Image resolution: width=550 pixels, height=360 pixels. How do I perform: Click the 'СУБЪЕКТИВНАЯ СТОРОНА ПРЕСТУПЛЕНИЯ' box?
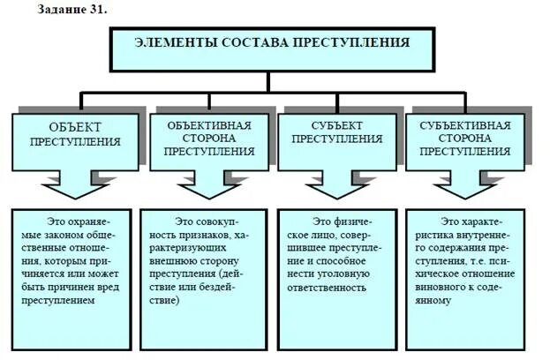click(x=464, y=138)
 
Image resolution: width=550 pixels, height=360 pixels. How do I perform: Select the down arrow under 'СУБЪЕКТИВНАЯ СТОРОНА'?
click(x=466, y=185)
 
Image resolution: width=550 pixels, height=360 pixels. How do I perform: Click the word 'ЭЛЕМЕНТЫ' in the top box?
click(x=170, y=42)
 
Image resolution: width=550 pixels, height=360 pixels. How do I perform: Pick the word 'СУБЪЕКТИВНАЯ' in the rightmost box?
click(x=464, y=124)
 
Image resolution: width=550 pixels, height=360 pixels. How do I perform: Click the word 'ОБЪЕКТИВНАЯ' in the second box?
click(x=209, y=124)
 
